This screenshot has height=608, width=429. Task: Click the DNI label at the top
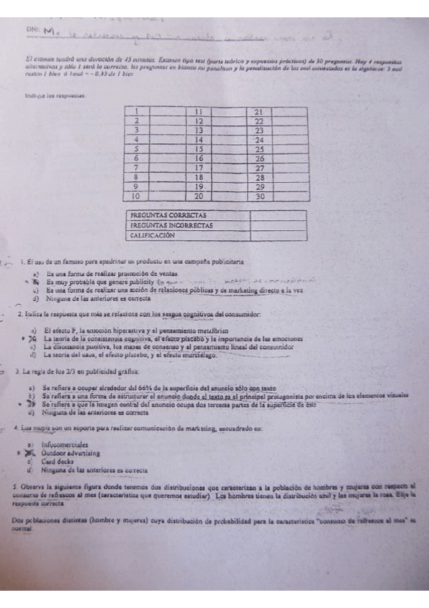[32, 29]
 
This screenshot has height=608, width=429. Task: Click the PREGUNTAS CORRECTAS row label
[168, 215]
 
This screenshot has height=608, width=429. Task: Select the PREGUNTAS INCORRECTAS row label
[172, 224]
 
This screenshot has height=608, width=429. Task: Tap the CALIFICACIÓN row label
[153, 234]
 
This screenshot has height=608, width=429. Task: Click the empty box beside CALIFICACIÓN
[278, 234]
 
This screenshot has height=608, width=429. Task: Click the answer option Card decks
[59, 462]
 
